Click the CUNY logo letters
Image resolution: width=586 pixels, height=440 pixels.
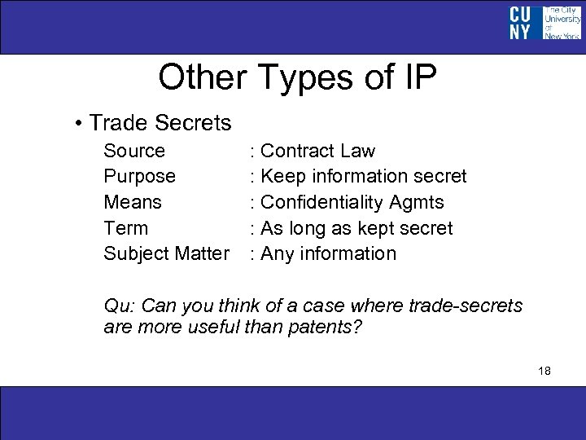(521, 23)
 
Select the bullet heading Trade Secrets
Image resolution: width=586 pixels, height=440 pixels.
(160, 123)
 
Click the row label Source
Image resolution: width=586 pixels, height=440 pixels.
(134, 151)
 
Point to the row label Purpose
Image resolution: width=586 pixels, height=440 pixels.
(139, 176)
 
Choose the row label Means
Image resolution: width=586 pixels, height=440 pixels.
(133, 202)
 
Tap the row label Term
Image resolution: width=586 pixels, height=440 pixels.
(126, 228)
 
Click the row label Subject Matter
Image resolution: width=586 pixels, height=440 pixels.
(166, 253)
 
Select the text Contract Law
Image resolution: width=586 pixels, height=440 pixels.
(317, 151)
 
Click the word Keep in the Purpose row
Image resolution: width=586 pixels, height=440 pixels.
(281, 176)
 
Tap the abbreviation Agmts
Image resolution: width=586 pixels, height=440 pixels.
(418, 203)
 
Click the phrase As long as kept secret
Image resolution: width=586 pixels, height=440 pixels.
(356, 228)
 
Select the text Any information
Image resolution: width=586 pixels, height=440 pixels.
(328, 253)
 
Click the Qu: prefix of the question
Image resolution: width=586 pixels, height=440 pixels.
(120, 306)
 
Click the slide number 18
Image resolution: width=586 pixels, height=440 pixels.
(544, 371)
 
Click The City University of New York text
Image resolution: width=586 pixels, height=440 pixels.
(562, 23)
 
